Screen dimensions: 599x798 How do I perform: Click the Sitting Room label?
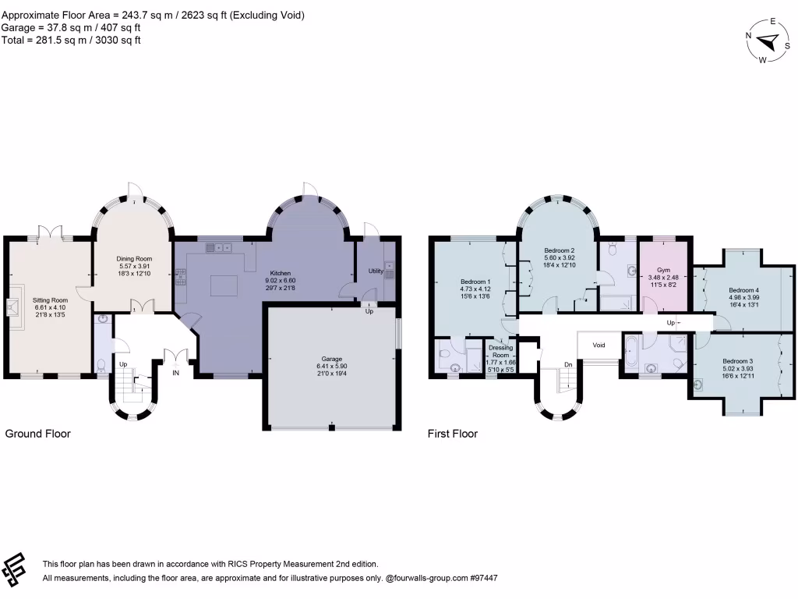(x=50, y=299)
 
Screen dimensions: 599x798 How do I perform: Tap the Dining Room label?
(x=135, y=259)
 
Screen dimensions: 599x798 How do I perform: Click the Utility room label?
(x=376, y=271)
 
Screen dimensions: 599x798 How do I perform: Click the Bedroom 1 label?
(x=475, y=282)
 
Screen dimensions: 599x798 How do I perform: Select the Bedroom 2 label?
(x=559, y=250)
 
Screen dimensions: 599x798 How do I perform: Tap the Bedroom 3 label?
(x=737, y=361)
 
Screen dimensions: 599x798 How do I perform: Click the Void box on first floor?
(x=598, y=345)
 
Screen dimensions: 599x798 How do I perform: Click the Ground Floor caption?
(x=38, y=434)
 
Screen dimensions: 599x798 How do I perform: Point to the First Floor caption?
(x=453, y=434)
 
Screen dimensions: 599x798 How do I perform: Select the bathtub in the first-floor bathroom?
(x=631, y=352)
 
